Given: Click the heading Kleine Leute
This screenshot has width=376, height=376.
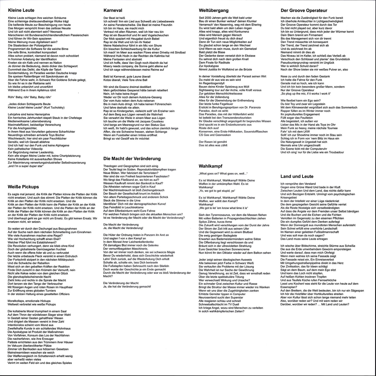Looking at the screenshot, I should pos(21,10).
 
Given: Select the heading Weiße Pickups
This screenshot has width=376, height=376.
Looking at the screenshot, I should pos(23,187).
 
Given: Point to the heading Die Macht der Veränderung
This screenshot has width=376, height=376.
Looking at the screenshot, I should pos(132,158).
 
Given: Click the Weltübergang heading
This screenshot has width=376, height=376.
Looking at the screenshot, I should pos(214,10).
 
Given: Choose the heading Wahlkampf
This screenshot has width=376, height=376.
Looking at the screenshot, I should pos(211,166).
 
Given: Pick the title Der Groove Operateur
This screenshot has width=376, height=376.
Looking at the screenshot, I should pos(304,10).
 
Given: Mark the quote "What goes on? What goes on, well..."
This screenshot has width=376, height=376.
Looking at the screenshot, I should pos(223,173).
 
